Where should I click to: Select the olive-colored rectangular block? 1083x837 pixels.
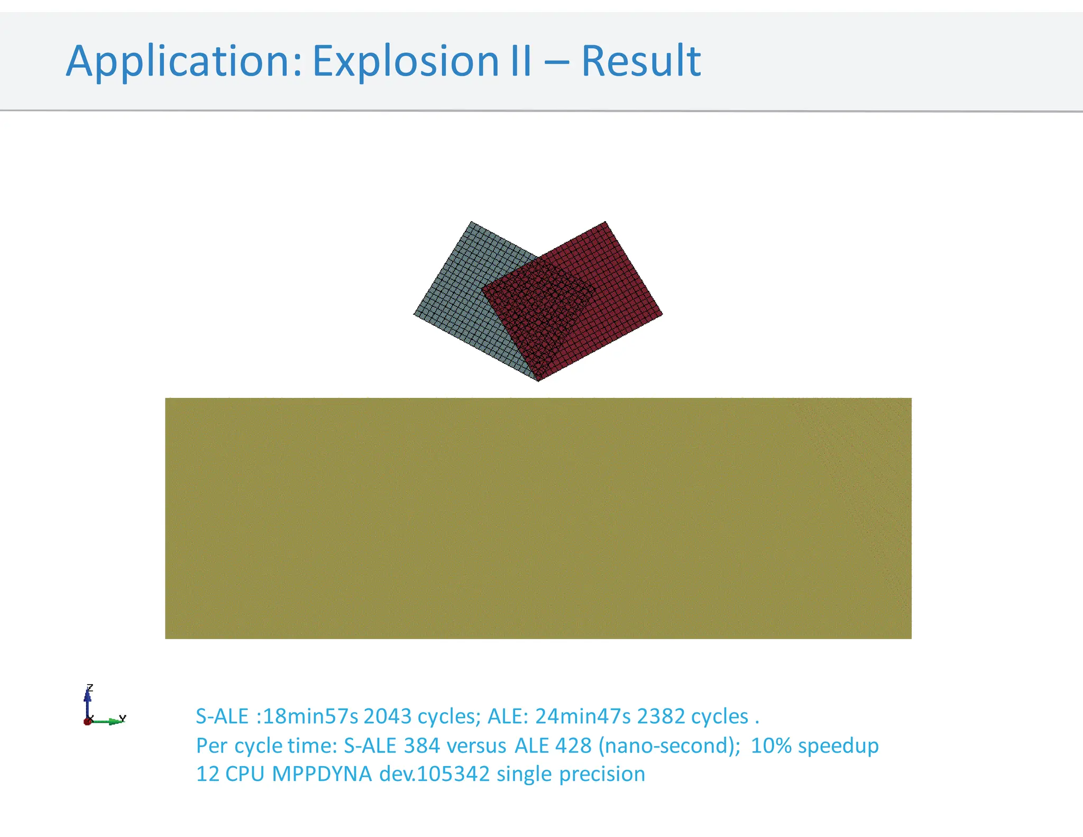(538, 518)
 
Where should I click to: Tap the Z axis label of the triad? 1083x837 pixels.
(90, 688)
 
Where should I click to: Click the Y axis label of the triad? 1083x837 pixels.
(123, 718)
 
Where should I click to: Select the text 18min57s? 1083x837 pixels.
(310, 716)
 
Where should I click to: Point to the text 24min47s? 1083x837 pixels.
(583, 716)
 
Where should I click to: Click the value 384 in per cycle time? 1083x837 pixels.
(422, 746)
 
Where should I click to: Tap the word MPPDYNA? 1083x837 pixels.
(322, 774)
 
